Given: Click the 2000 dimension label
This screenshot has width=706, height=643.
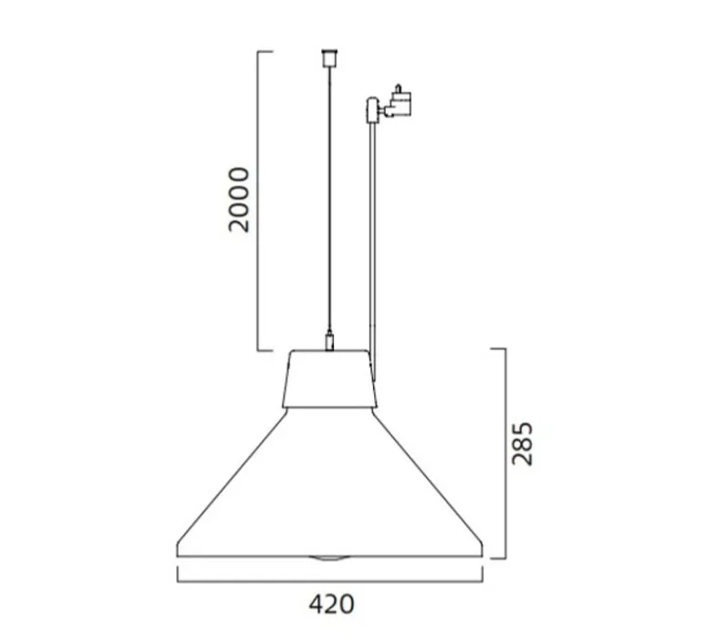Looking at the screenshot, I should tap(238, 200).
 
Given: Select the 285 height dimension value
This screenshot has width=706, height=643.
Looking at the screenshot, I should tap(521, 443).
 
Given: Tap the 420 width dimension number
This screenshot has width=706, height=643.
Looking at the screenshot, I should tap(330, 604).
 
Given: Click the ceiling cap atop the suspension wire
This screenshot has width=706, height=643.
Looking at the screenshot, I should tap(328, 57).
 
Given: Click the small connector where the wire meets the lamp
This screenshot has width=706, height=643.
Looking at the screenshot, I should tap(329, 343).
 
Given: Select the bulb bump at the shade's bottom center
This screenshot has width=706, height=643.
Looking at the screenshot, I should tap(329, 556).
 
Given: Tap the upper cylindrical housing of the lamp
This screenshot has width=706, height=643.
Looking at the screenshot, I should tap(329, 378).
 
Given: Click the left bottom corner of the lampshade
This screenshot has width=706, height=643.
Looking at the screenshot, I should tap(177, 553).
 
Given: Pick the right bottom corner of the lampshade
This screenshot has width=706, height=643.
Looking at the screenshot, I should tap(483, 553).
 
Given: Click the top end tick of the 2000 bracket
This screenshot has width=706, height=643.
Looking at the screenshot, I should tap(265, 53).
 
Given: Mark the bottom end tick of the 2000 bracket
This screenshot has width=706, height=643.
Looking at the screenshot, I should tap(265, 350).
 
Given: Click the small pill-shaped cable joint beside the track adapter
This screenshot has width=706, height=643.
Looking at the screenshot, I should tap(372, 110).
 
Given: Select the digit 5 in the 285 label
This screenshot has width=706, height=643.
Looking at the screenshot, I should tap(521, 429).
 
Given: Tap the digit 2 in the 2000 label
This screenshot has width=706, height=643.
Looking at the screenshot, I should tap(238, 223).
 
